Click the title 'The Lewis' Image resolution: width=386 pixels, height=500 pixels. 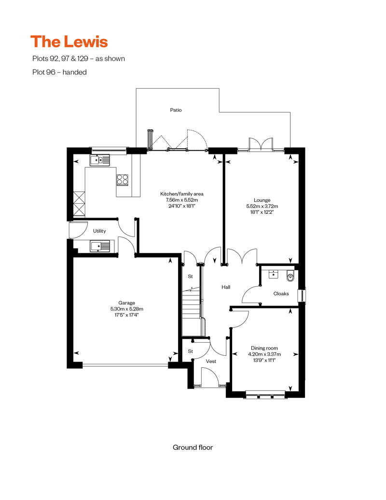69,42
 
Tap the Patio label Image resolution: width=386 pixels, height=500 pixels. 176,110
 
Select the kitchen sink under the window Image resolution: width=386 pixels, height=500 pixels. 99,160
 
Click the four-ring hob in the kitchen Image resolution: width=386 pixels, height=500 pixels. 123,180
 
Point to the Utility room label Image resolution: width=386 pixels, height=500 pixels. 99,231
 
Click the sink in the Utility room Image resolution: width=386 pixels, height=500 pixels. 100,246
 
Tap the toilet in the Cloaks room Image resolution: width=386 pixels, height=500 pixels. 290,276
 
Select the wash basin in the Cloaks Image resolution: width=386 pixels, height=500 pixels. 274,274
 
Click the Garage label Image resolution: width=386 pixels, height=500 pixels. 126,303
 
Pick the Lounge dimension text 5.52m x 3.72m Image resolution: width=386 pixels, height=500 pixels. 262,206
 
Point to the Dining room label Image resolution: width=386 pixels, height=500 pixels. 264,348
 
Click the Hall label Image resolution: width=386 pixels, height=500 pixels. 226,287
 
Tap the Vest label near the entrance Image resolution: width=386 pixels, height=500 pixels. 211,361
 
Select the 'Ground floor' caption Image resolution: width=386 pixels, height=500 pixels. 193,447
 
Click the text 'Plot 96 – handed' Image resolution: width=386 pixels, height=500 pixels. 60,72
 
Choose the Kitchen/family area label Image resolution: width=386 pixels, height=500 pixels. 182,194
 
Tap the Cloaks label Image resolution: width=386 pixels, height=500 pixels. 281,293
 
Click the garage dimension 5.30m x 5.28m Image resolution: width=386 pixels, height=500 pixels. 126,309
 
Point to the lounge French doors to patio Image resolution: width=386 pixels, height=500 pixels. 261,144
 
